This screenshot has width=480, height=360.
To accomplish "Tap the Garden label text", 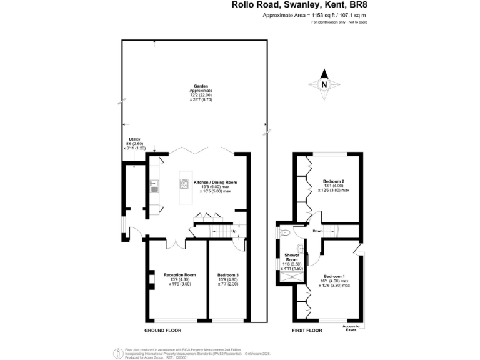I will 201,87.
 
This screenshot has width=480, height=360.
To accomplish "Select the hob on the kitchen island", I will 184,184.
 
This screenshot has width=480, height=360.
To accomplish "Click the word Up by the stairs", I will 234,232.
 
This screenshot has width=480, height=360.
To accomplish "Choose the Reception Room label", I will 180,275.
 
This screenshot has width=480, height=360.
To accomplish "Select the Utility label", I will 134,139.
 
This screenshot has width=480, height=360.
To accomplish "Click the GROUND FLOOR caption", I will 162,330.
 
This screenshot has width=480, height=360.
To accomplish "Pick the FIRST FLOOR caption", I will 307,330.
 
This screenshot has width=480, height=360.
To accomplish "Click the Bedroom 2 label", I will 333,182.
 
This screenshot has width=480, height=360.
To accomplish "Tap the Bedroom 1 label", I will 334,276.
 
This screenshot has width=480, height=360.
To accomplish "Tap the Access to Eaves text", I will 352,329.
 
